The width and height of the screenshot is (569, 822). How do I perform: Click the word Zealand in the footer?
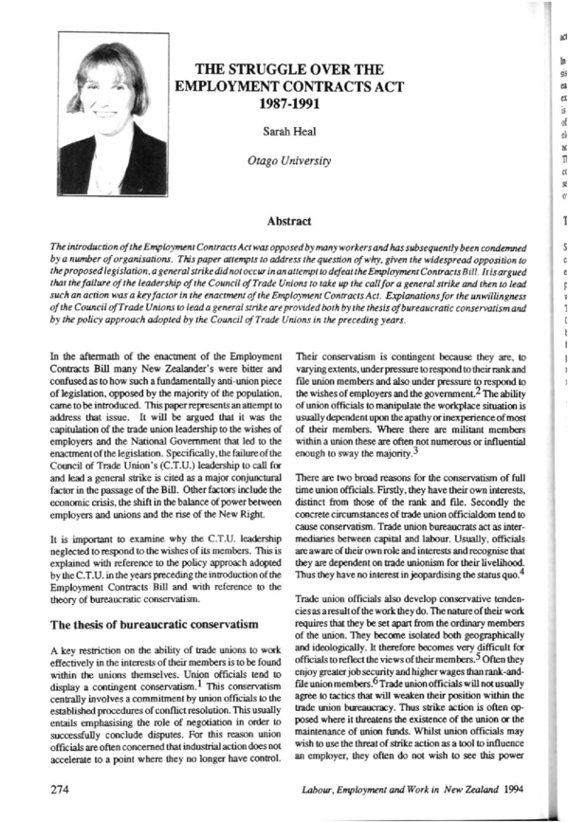[470, 787]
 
